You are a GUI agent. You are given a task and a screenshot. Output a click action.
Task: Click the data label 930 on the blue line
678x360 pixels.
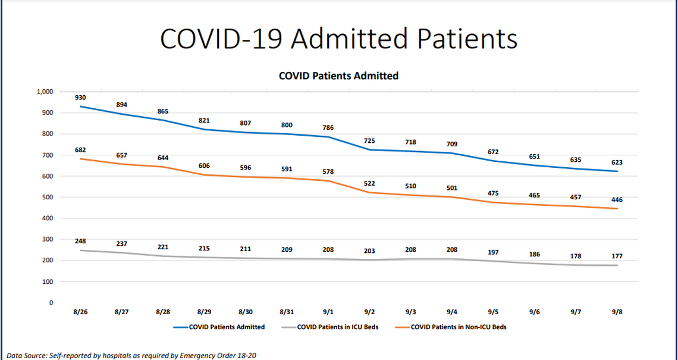click(80, 97)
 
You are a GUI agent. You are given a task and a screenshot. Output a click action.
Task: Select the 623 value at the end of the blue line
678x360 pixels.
click(617, 162)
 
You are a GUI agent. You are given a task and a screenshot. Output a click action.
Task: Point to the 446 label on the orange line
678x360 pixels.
click(617, 200)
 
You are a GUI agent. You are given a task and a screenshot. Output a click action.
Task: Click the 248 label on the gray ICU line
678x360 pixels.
click(80, 241)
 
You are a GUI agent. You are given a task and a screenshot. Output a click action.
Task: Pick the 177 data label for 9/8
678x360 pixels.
click(617, 256)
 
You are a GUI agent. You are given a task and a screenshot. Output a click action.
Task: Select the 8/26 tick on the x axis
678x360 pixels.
click(80, 312)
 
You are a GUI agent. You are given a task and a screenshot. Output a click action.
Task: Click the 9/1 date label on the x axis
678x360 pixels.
click(328, 312)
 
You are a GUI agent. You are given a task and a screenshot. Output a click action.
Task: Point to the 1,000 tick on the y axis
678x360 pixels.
click(45, 92)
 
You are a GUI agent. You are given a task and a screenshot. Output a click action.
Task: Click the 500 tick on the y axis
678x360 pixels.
click(48, 197)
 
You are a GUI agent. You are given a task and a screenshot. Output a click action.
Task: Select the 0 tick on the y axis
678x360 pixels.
click(52, 303)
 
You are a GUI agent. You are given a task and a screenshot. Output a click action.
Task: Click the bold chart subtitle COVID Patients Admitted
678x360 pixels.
click(338, 76)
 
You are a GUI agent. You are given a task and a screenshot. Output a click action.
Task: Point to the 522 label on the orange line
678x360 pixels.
click(369, 183)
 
